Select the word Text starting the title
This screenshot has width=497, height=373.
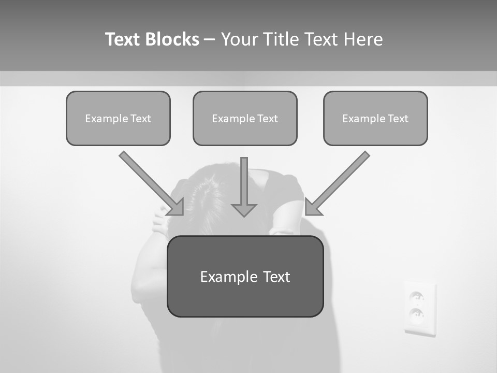point(123,39)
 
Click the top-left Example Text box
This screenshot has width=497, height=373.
point(118,118)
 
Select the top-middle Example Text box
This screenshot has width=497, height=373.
point(245,118)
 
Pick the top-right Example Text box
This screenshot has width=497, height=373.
point(375,118)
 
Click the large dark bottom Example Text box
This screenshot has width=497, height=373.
point(245,276)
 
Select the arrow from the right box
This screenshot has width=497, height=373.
point(339,181)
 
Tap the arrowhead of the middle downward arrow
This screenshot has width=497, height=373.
point(244,210)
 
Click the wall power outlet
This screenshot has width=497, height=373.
point(420,309)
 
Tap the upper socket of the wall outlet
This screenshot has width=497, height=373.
point(417,297)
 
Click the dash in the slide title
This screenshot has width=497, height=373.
point(210,39)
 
